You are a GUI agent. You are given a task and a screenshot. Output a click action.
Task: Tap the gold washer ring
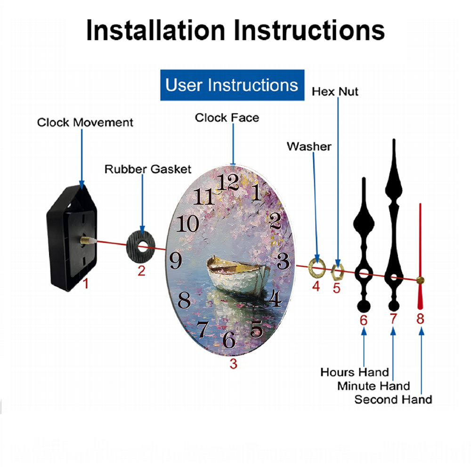[317, 267]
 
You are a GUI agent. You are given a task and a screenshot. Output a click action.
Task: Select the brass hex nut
[337, 272]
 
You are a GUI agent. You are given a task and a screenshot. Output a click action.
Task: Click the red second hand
[420, 256]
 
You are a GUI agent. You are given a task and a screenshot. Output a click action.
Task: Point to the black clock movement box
[72, 237]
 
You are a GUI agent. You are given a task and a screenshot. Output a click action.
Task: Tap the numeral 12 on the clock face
[228, 182]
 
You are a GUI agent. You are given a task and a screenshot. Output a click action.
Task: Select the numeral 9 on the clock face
[176, 260]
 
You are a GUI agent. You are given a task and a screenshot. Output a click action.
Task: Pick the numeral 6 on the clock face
[229, 340]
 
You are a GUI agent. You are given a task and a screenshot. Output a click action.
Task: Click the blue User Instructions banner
[232, 85]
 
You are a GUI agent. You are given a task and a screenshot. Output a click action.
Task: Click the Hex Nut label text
[335, 92]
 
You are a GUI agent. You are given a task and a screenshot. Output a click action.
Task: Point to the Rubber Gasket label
[148, 169]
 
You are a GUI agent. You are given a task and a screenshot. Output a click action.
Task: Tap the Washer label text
[309, 146]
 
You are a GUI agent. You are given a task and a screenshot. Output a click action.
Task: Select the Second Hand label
[393, 399]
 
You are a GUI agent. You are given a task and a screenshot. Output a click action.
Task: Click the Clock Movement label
[85, 122]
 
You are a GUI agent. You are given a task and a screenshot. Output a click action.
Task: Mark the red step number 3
[234, 364]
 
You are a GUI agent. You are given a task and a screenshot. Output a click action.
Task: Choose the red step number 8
[420, 319]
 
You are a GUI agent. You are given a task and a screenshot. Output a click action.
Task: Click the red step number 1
[86, 284]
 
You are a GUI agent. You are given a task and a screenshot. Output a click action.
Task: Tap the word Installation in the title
[155, 30]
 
